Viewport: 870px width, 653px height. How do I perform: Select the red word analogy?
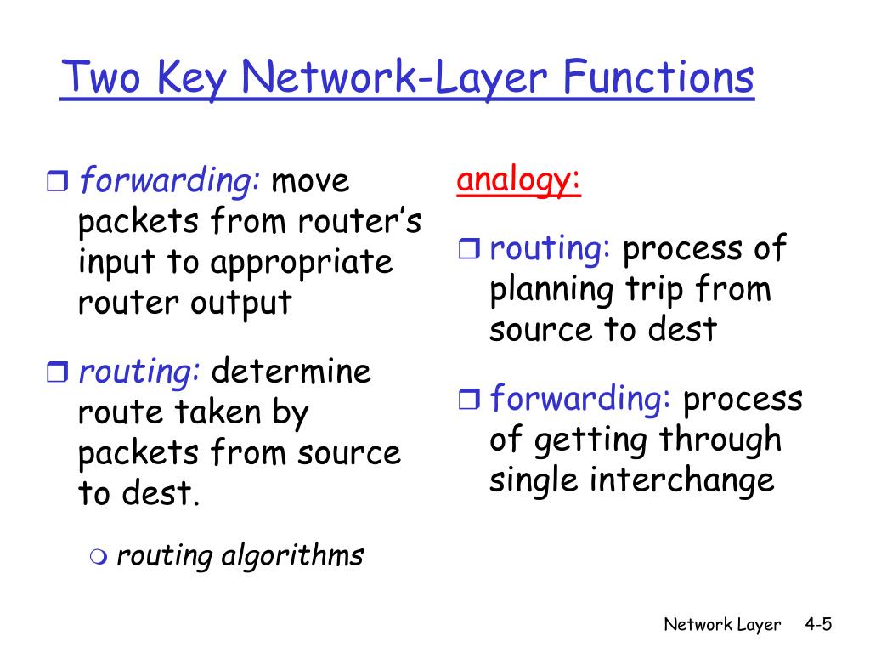[x=518, y=181]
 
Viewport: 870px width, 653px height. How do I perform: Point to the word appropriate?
[x=303, y=263]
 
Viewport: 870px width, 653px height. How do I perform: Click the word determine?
[x=291, y=372]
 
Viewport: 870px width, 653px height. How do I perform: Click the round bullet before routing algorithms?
[x=99, y=557]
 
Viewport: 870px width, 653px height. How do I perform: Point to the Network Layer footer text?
[x=721, y=625]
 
